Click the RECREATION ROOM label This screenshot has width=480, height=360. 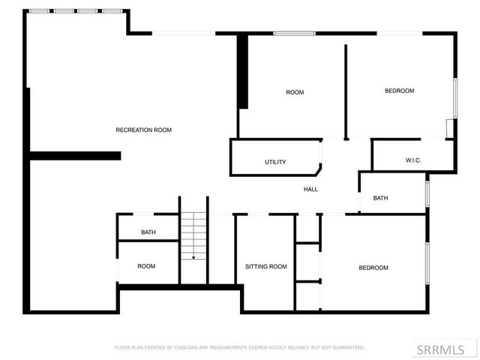pos(143,130)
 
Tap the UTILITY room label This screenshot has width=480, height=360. pos(275,162)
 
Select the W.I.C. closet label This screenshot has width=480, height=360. pos(412,160)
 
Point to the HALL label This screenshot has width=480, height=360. pos(310,189)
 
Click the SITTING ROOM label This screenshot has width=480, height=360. pos(266,266)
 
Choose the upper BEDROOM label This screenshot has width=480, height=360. pos(399,91)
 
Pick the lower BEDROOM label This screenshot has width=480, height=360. pos(373,268)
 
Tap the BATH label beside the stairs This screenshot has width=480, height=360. pos(148,232)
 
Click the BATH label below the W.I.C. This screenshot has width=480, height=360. pos(381,198)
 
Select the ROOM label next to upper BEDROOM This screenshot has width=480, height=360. pos(295,92)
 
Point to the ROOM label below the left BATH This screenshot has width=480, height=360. pos(146,266)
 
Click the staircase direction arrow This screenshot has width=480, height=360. pos(193,256)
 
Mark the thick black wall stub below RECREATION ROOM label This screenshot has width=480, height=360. pos(75,156)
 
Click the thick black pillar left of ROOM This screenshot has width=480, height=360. pos(242,73)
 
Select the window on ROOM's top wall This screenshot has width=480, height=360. pos(294,33)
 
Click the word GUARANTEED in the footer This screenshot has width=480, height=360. pos(347,347)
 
